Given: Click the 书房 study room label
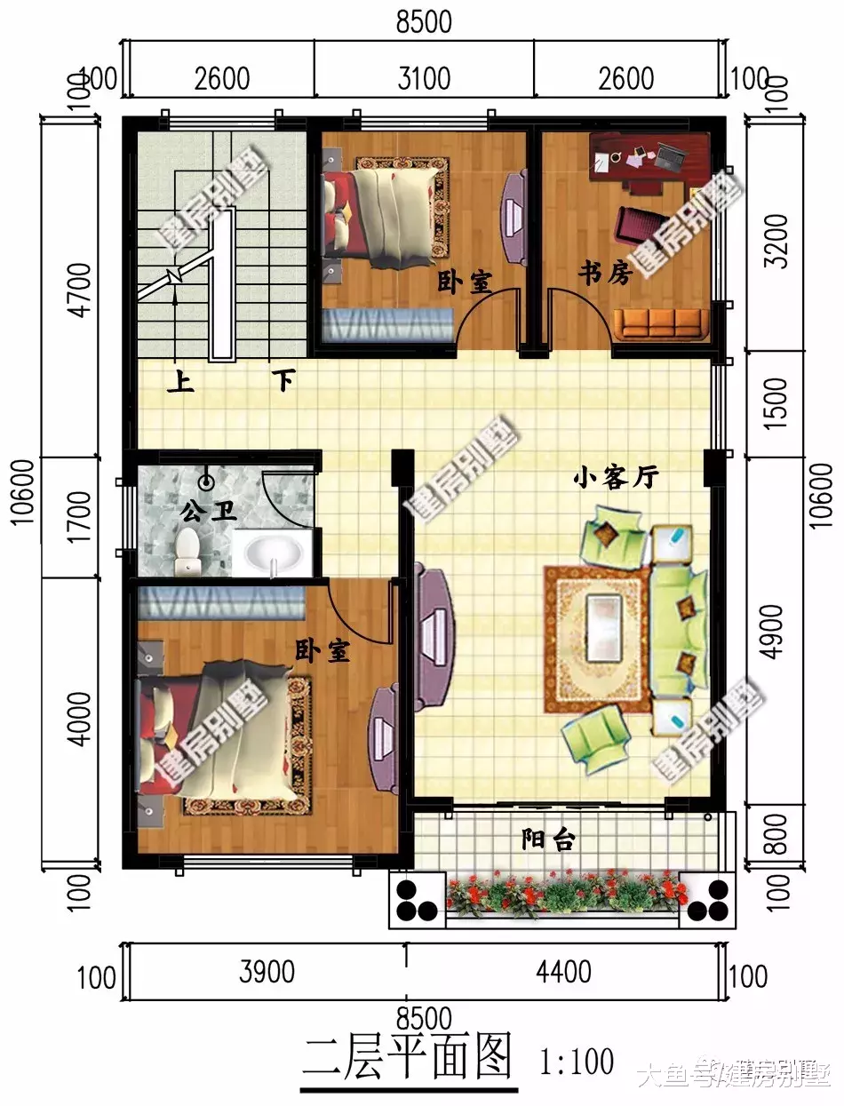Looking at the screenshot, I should (605, 273).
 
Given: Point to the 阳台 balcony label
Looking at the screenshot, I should (547, 839).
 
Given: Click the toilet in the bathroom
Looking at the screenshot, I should (188, 553).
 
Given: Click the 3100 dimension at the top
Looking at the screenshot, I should (424, 78).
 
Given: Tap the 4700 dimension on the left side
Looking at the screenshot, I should (81, 290).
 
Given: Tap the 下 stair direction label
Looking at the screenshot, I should (283, 381).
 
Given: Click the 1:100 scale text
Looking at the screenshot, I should (577, 1061).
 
